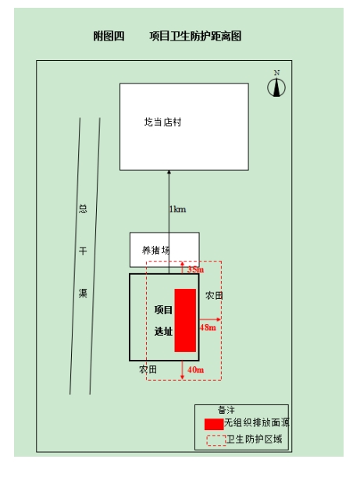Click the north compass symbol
point(276,87)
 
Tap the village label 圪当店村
point(162,122)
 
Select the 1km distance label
point(177,209)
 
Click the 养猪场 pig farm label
point(156,250)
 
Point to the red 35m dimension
point(195,269)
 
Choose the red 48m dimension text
point(208,327)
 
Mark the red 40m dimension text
point(196,369)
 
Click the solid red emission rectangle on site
point(185,320)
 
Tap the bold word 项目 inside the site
point(163,310)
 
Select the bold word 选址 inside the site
point(163,331)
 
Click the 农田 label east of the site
point(214,295)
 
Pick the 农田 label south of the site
point(148,369)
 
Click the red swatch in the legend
point(214,425)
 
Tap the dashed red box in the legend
point(216,440)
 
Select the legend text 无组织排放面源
point(257,422)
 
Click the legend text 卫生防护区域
point(255,439)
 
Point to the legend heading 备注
point(226,410)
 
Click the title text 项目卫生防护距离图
point(195,36)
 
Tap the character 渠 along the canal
point(83,293)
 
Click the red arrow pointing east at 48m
point(210,319)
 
